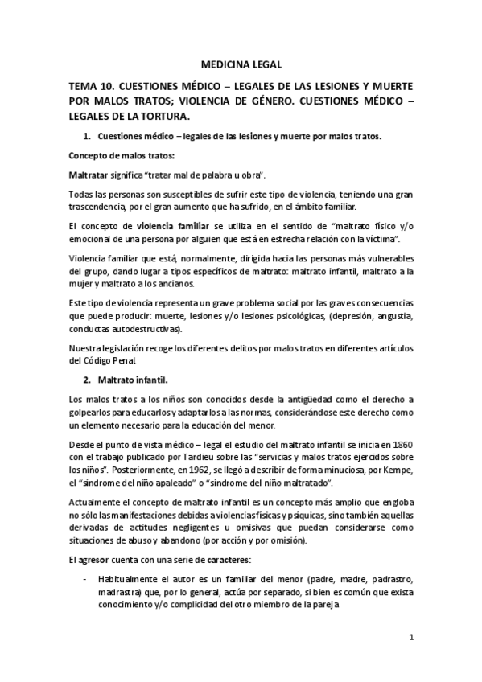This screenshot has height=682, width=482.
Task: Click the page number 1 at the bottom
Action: tap(410, 639)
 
